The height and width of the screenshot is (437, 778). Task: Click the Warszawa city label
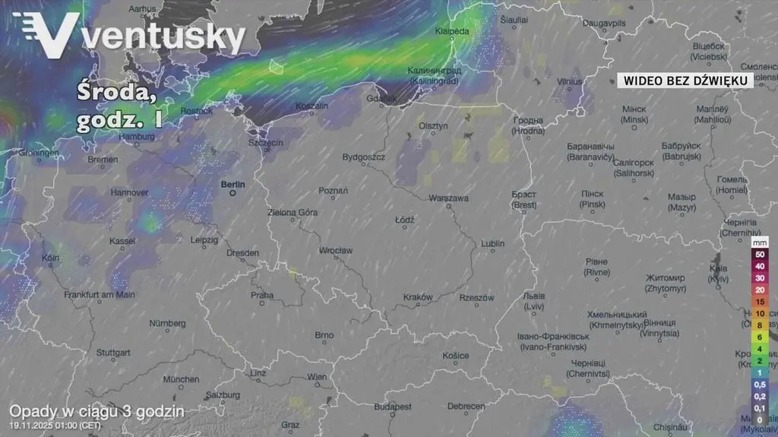coord(448,198)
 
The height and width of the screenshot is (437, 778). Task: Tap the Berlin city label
coord(233,185)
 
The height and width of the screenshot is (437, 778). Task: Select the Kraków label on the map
coord(418,297)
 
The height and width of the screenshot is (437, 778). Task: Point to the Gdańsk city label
coord(381,98)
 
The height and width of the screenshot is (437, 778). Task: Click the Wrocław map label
coord(335,250)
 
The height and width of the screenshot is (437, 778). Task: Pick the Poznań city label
coord(333,191)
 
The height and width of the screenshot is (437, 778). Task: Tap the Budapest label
coord(393,407)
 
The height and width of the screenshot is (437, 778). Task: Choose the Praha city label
coord(262,296)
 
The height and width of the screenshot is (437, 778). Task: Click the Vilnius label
coord(569,81)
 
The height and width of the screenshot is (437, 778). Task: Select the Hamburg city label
coord(137,137)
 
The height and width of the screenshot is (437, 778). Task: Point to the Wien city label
coord(316,377)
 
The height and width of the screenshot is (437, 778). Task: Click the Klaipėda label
coord(452,31)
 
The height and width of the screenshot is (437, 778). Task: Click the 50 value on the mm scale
coord(760,254)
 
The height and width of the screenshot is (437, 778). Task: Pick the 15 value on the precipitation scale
coord(760,302)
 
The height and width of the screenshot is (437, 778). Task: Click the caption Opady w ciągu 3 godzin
coord(96,411)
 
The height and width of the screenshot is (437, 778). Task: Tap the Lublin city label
coord(492,244)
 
